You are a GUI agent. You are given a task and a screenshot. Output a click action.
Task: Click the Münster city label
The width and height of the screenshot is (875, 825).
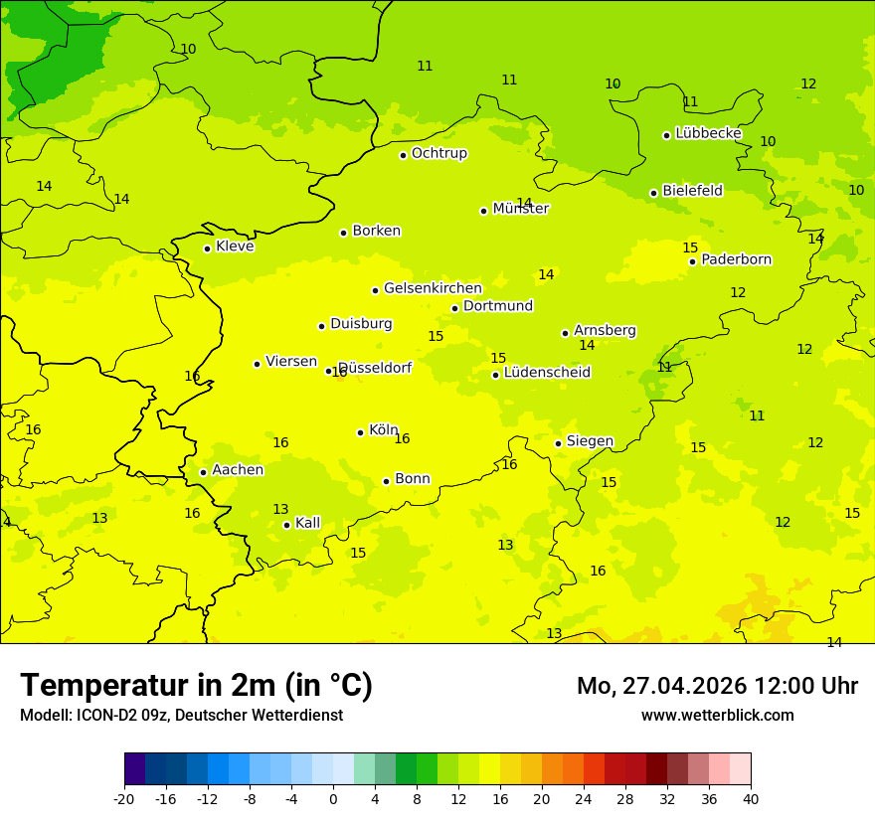[520, 209]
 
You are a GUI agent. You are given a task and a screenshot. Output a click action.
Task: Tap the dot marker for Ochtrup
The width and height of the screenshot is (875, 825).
[403, 155]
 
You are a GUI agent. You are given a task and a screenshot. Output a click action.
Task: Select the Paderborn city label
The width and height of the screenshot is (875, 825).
[736, 259]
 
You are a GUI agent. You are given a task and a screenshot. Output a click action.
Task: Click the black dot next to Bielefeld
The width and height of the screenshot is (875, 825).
[653, 193]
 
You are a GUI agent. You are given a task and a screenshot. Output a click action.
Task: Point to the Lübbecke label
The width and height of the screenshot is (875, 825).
[708, 133]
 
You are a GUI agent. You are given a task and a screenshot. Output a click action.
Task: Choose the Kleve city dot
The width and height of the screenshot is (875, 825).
[207, 248]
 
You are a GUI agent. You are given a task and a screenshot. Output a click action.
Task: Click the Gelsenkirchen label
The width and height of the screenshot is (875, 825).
[433, 288]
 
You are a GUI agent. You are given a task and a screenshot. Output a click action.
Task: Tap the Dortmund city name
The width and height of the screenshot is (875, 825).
[498, 306]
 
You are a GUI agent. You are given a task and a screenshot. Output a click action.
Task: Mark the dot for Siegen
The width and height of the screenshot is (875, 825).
[558, 443]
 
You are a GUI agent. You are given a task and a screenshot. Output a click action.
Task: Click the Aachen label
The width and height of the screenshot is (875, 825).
[238, 470]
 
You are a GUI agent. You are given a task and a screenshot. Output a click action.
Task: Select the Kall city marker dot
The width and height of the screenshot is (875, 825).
[286, 525]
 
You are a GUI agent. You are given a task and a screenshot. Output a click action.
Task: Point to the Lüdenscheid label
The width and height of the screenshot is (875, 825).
[547, 373]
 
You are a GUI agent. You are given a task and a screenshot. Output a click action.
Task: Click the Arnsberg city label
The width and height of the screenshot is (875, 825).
[605, 330]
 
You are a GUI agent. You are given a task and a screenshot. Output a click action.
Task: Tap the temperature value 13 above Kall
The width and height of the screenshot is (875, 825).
[280, 509]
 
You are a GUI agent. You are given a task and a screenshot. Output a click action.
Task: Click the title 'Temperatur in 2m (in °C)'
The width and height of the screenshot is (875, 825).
[196, 686]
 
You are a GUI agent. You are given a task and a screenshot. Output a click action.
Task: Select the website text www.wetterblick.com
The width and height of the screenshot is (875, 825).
[717, 715]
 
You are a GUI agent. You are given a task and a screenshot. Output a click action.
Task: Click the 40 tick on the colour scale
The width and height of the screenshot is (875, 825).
[750, 798]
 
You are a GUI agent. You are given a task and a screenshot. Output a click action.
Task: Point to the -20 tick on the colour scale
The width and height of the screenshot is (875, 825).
[124, 798]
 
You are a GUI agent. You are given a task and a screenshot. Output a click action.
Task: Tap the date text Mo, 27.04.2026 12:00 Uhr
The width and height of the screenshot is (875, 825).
[717, 686]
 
